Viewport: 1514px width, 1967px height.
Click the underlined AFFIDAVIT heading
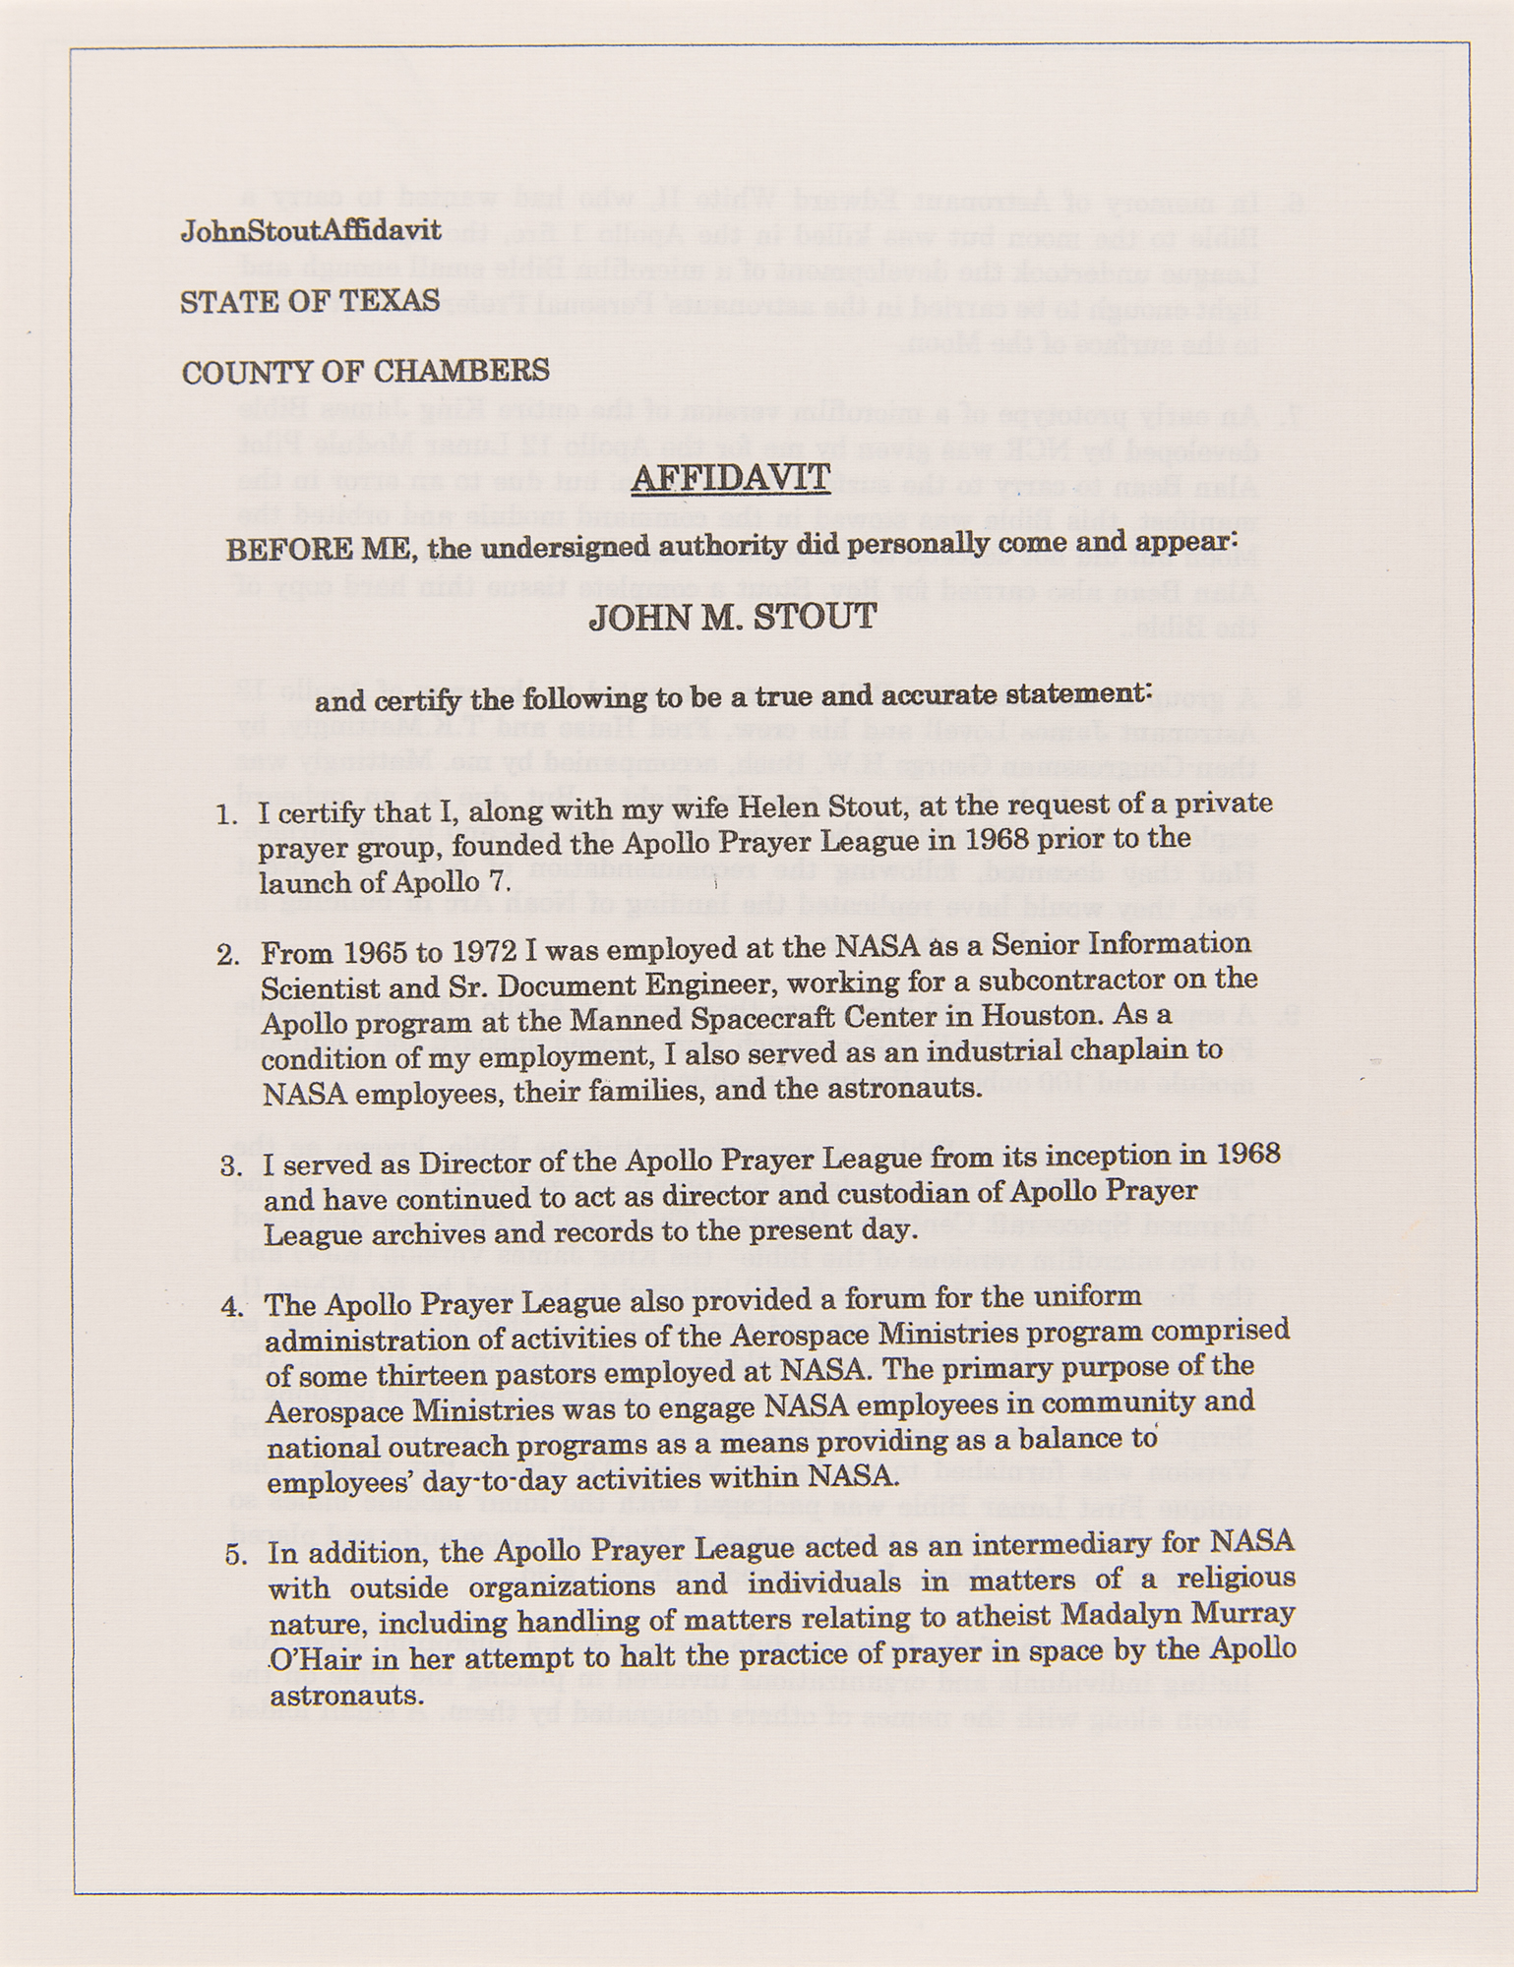pos(731,478)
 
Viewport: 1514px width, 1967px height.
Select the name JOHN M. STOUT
pos(732,618)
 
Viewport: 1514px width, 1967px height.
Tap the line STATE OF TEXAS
pos(310,300)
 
